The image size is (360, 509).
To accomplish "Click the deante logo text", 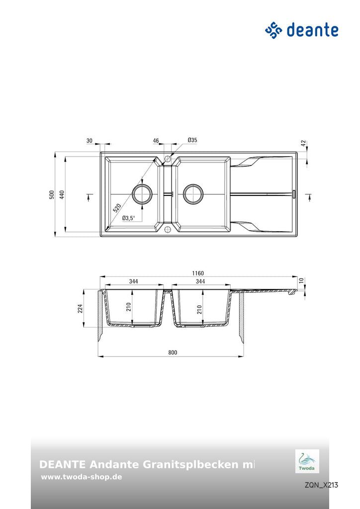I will (312, 30).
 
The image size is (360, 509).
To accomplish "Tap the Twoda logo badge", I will (307, 461).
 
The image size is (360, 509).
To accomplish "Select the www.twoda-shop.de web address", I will (82, 477).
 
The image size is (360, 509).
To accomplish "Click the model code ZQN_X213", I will (321, 485).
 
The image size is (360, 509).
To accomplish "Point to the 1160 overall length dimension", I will (198, 273).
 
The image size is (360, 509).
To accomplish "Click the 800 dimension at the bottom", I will (172, 352).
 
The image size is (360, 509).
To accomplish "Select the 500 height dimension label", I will (52, 194).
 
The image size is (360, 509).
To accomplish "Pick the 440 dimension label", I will (62, 194).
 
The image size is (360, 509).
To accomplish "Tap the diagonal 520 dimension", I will (117, 208).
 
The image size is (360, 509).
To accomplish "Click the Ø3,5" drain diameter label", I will (128, 218).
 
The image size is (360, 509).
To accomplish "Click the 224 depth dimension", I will (80, 309).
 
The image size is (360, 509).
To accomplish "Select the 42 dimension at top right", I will (303, 143).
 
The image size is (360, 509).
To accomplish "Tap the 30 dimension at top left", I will (90, 141).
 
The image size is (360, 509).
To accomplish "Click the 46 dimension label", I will (156, 141).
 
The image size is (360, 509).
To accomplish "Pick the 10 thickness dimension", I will (301, 281).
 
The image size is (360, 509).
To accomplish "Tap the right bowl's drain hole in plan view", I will (193, 194).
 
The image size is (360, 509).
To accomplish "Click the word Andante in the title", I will (114, 465).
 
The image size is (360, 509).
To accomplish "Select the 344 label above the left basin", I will (133, 281).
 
